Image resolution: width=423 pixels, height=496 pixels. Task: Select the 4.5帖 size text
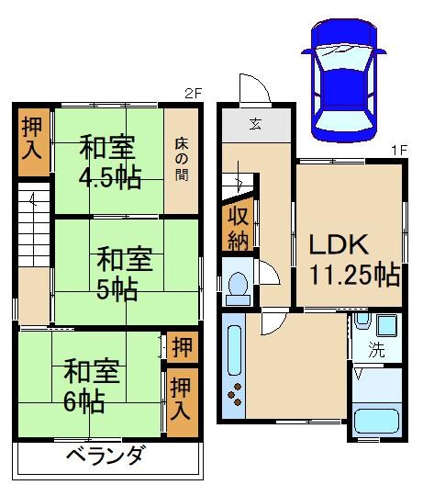109,176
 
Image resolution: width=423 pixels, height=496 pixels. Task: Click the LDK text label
338,245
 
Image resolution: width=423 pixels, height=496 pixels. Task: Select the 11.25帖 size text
354,275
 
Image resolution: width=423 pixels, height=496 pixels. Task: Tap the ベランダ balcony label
106,456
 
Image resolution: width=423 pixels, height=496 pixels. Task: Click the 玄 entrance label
256,124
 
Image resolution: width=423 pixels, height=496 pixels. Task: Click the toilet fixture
238,287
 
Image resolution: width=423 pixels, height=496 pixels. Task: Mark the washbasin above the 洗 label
362,323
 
